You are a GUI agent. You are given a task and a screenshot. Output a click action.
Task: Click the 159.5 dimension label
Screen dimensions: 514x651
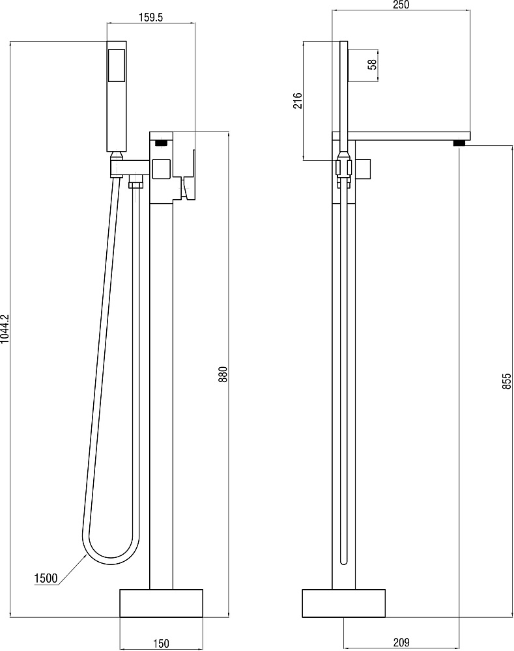pos(150,18)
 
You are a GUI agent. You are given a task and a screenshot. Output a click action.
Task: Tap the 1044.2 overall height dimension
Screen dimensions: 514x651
pos(5,328)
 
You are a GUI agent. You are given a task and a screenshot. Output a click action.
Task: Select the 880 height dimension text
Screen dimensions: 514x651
pos(223,374)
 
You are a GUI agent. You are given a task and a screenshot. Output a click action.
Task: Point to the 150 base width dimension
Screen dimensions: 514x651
pos(161,644)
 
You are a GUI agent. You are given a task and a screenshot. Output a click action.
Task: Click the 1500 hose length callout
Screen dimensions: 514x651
pos(46,578)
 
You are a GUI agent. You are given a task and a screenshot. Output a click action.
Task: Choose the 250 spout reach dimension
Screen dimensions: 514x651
pos(401,5)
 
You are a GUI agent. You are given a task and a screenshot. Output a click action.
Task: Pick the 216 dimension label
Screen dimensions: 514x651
pos(298,100)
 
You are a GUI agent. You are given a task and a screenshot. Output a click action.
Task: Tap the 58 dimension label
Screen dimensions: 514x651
pos(372,64)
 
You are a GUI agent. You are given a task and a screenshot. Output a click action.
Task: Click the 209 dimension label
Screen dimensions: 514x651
pos(401,643)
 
